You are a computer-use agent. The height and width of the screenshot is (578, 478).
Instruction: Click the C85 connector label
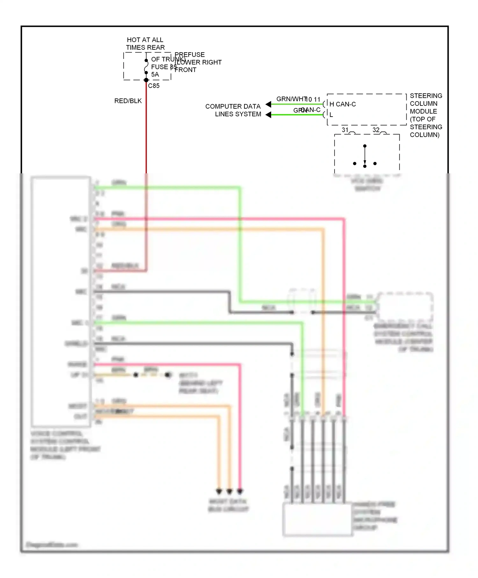click(154, 86)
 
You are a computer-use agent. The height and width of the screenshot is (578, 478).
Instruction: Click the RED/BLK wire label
click(128, 101)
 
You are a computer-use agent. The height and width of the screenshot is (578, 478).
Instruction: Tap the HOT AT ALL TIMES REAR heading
click(145, 44)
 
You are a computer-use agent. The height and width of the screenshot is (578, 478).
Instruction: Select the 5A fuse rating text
click(155, 74)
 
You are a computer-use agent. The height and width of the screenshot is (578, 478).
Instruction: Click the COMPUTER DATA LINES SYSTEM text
click(233, 110)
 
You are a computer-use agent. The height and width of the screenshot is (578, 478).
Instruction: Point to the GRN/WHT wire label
click(291, 99)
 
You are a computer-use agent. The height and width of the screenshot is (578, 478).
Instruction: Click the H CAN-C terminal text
click(343, 104)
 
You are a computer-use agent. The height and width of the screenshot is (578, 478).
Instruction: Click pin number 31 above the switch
click(345, 130)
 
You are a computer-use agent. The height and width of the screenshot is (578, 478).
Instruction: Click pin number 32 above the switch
click(376, 130)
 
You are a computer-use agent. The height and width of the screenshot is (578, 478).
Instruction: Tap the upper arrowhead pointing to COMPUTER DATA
click(268, 104)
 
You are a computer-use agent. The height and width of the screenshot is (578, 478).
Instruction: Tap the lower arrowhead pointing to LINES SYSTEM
click(268, 115)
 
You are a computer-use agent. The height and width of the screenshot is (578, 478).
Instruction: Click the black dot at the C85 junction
click(146, 80)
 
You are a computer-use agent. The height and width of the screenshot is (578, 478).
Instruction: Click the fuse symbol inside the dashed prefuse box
click(146, 67)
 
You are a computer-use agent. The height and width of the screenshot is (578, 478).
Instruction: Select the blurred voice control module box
click(60, 301)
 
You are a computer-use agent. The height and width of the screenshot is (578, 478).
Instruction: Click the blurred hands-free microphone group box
click(317, 519)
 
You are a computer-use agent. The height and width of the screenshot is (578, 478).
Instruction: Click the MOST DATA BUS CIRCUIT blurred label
click(228, 505)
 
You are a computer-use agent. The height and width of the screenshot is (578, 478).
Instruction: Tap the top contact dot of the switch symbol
click(365, 146)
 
